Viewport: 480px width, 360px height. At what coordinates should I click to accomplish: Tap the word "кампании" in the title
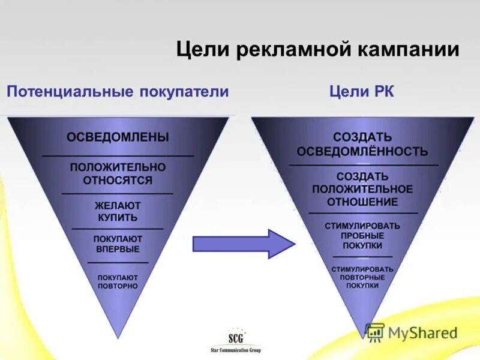[409, 49]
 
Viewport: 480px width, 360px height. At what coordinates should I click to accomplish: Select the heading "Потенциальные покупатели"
[118, 92]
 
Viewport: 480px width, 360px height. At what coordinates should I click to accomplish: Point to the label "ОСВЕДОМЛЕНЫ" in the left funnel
[118, 137]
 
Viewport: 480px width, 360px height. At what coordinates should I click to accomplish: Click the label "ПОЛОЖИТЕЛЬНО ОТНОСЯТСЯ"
[118, 173]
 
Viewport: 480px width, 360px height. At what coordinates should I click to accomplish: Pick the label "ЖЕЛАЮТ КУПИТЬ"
[118, 211]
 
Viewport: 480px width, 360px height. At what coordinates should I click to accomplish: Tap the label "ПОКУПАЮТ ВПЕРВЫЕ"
[118, 244]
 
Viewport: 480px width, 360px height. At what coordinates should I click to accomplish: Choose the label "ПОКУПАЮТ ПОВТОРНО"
[118, 282]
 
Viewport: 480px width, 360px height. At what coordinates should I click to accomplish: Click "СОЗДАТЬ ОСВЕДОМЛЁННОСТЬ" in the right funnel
[363, 144]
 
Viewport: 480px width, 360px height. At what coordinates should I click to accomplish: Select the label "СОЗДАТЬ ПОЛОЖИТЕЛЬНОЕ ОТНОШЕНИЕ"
[363, 189]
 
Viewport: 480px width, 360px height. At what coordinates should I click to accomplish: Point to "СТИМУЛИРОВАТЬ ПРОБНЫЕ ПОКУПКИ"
[363, 236]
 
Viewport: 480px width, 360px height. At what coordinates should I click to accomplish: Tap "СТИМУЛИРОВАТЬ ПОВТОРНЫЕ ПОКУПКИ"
[363, 277]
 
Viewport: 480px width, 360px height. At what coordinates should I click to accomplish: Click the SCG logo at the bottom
[236, 337]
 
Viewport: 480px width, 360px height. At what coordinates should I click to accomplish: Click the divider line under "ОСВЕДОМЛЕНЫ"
[118, 156]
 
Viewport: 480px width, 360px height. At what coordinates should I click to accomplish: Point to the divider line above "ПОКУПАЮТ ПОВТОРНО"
[118, 262]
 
